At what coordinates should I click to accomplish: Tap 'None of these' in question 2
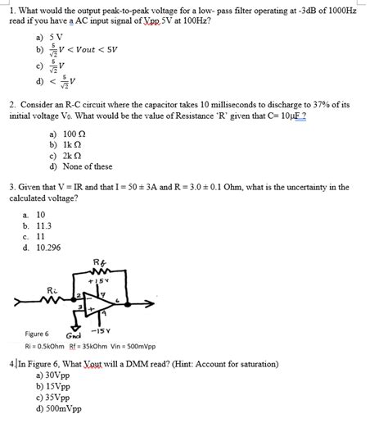pyautogui.click(x=86, y=166)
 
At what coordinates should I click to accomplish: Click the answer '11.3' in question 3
pyautogui.click(x=43, y=225)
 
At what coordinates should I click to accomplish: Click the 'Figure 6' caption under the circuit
pyautogui.click(x=37, y=334)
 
